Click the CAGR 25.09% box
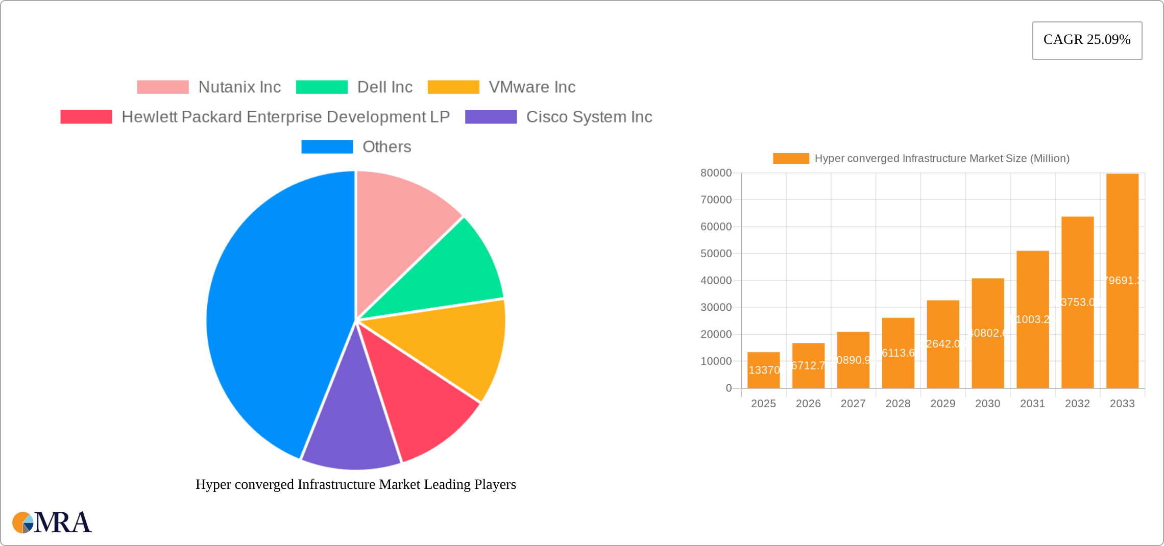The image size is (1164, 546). (1087, 40)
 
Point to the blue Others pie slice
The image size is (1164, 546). (271, 316)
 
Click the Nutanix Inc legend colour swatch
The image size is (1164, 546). (163, 87)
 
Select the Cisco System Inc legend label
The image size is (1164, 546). (589, 117)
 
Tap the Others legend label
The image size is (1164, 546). (386, 147)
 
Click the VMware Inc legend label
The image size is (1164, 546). (532, 87)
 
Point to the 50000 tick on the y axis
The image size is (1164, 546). (716, 254)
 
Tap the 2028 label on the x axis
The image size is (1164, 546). (898, 404)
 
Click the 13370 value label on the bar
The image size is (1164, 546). (764, 370)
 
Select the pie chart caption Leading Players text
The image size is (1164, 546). (356, 484)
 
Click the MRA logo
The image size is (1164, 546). (52, 523)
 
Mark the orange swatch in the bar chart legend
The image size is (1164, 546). (791, 159)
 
